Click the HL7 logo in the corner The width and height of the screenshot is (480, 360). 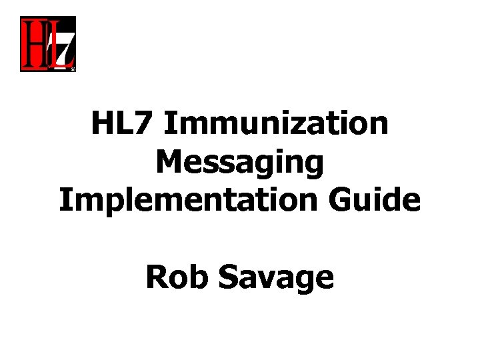[x=47, y=44]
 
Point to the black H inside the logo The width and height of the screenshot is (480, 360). [x=33, y=44]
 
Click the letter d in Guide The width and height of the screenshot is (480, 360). [x=386, y=200]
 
